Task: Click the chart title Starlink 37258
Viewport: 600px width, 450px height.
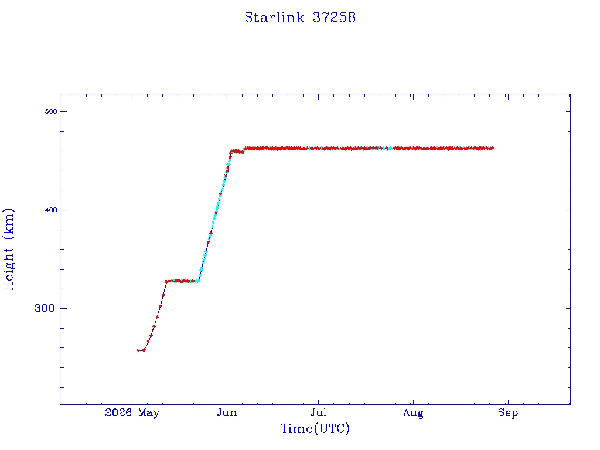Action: click(x=300, y=18)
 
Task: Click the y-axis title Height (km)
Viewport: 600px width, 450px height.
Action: click(x=8, y=249)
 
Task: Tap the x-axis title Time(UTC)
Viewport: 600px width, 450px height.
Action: click(x=315, y=428)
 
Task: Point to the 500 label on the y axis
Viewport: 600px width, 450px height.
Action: click(x=51, y=111)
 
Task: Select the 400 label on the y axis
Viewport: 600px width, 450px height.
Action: click(x=51, y=210)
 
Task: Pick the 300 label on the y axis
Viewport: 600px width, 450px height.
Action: click(x=45, y=308)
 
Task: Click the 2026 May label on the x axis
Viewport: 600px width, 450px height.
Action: click(x=132, y=412)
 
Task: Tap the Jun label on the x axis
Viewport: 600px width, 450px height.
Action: click(x=227, y=412)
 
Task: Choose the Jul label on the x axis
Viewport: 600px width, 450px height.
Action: click(x=318, y=412)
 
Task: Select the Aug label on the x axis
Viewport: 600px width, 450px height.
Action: click(x=413, y=413)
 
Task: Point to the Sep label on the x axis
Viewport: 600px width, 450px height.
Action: click(x=508, y=413)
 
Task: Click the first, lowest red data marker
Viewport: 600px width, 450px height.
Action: click(x=138, y=350)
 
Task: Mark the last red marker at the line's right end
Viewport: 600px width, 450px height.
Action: click(x=492, y=148)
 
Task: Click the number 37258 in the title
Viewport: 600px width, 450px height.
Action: click(x=334, y=18)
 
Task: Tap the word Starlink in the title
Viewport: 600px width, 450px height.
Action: click(x=274, y=18)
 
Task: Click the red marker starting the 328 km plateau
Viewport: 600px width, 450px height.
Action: click(x=167, y=282)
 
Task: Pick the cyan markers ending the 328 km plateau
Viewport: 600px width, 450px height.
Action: click(x=197, y=281)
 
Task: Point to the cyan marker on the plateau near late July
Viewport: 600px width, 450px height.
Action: click(x=390, y=148)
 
